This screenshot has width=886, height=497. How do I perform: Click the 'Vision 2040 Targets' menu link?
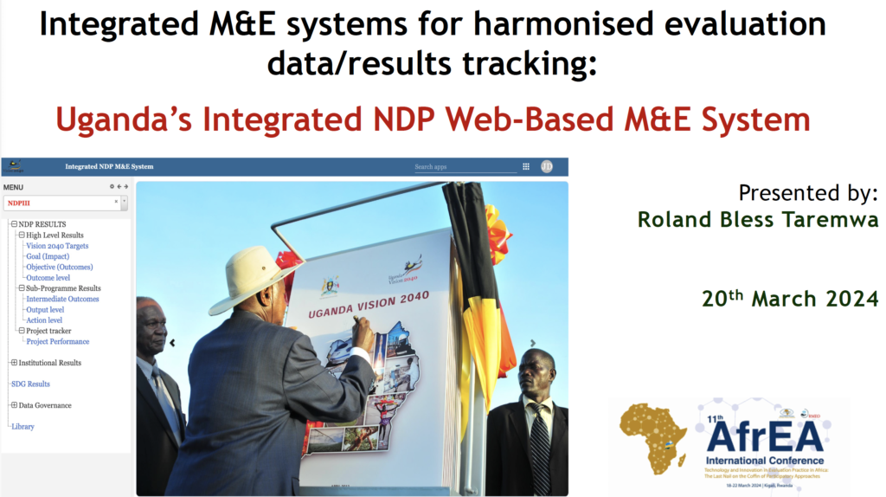(57, 246)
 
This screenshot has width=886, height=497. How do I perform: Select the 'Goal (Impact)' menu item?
(48, 256)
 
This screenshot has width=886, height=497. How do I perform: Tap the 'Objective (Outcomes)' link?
(59, 267)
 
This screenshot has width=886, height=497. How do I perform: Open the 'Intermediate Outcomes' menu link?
(62, 299)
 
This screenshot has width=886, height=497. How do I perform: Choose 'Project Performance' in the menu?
(57, 341)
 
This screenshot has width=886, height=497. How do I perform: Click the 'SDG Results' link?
(30, 384)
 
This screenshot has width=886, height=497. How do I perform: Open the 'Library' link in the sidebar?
(22, 426)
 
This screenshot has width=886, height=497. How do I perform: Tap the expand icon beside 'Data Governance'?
(14, 405)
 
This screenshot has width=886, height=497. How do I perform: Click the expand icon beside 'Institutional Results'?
(14, 363)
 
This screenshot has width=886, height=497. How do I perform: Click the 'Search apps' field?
(465, 167)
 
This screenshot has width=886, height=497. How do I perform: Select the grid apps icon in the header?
(526, 166)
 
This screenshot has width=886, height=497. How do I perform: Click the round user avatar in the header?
(547, 166)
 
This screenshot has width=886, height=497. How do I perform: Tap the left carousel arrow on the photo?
(172, 343)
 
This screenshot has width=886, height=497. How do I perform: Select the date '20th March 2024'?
(789, 299)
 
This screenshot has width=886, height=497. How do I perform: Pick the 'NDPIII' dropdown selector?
(66, 202)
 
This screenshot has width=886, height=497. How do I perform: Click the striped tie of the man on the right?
(539, 446)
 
